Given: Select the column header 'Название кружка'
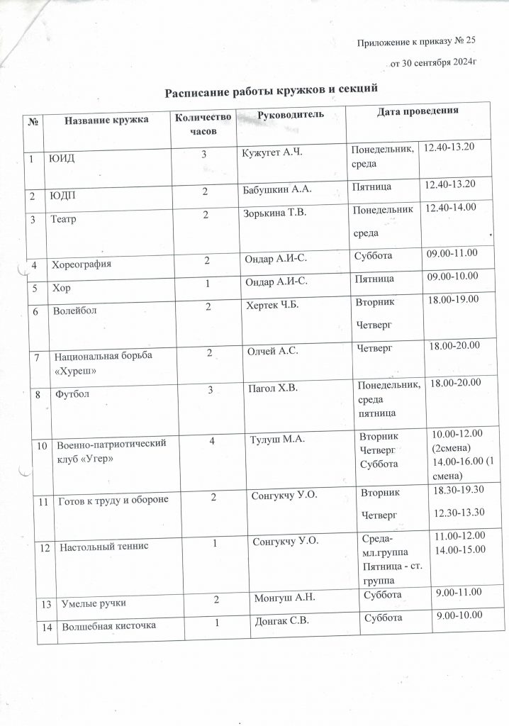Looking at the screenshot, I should (106, 120).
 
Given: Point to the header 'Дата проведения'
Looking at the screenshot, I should (417, 112).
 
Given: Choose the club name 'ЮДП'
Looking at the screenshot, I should (60, 194).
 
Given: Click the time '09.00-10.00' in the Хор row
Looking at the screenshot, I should (452, 277).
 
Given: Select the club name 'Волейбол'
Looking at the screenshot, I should (74, 310).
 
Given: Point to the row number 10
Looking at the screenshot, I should (41, 445).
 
